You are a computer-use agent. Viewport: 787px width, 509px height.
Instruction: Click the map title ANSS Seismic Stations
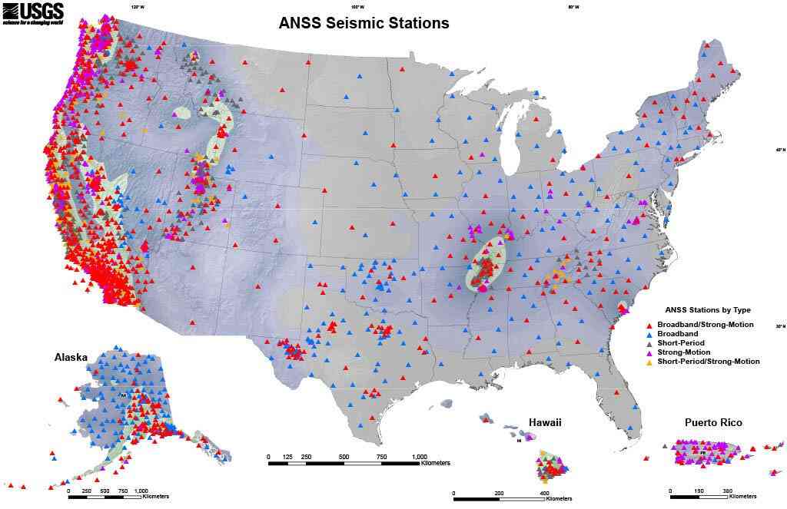point(364,23)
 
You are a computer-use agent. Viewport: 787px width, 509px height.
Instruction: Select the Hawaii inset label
point(545,423)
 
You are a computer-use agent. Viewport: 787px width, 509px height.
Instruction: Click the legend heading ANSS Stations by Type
point(707,310)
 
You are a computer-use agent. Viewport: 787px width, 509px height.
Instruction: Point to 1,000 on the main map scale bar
point(420,457)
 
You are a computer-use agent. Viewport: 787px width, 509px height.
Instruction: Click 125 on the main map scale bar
point(287,457)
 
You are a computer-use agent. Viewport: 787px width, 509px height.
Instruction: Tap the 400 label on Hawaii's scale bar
point(544,494)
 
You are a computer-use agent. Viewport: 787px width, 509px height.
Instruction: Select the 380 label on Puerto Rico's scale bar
point(728,491)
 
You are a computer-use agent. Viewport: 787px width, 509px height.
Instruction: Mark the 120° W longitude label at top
point(138,7)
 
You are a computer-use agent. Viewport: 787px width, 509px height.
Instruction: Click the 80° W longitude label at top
point(573,7)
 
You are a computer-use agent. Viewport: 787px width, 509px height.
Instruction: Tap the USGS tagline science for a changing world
point(31,23)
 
